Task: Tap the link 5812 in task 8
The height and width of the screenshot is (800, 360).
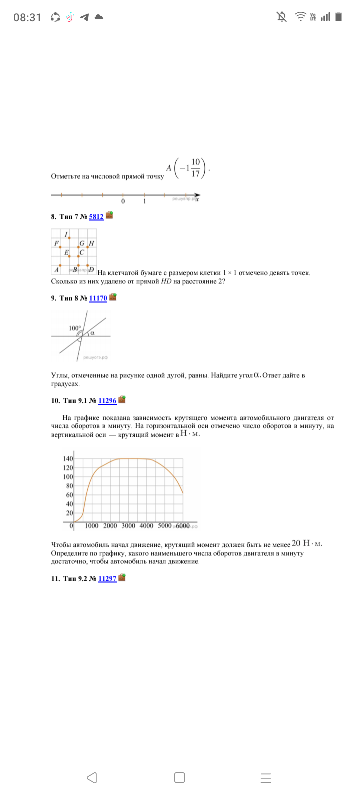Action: tap(96, 217)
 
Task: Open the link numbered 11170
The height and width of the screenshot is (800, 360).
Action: tap(98, 298)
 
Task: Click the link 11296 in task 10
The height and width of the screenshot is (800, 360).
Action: tap(107, 400)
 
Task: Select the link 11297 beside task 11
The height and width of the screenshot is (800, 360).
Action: tap(107, 578)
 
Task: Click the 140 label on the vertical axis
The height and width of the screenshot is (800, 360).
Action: tap(68, 459)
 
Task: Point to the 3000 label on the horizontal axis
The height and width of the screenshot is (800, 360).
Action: tap(128, 526)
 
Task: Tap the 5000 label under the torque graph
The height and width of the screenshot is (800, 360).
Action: tap(165, 526)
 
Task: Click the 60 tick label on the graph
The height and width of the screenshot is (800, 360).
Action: tap(70, 495)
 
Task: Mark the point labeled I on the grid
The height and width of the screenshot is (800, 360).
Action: tap(69, 238)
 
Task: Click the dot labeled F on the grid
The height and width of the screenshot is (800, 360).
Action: tap(60, 247)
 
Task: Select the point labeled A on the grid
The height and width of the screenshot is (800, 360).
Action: tap(60, 265)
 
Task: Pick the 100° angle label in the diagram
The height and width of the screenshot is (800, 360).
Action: tap(74, 328)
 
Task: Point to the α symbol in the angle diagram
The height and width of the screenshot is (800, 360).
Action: tap(92, 332)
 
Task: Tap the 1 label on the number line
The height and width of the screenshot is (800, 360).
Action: tap(144, 201)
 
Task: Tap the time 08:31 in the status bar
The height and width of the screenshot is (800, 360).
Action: tap(27, 17)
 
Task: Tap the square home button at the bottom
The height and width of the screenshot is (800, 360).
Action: tap(180, 777)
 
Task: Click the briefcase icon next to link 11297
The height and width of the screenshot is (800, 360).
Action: tap(122, 578)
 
